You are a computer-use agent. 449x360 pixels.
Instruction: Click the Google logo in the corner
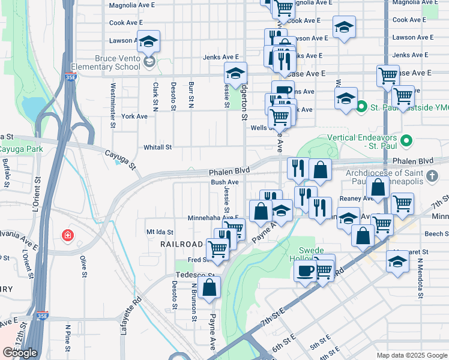20,352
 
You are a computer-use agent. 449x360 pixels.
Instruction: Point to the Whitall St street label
157,147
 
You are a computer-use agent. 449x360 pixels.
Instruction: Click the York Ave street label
134,116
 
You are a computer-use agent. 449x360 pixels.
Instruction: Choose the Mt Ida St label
160,232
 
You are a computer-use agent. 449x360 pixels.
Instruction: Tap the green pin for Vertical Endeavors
407,142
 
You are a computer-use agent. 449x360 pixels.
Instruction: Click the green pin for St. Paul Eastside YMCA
361,108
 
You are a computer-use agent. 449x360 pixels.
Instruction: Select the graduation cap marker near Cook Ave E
343,28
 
